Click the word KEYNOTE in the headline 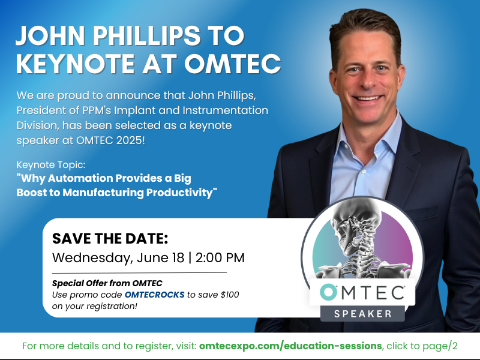coord(76,64)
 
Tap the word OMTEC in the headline coord(232,64)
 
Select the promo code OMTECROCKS coord(155,295)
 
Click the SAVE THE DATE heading coord(110,238)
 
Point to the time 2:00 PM coord(220,258)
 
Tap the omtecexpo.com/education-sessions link coord(290,346)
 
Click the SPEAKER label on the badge coord(363,314)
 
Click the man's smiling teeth coord(368,98)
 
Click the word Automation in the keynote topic coord(80,178)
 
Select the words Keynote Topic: coord(51,164)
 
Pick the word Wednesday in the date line coord(92,258)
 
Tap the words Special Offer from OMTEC coord(107,283)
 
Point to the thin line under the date coord(139,272)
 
